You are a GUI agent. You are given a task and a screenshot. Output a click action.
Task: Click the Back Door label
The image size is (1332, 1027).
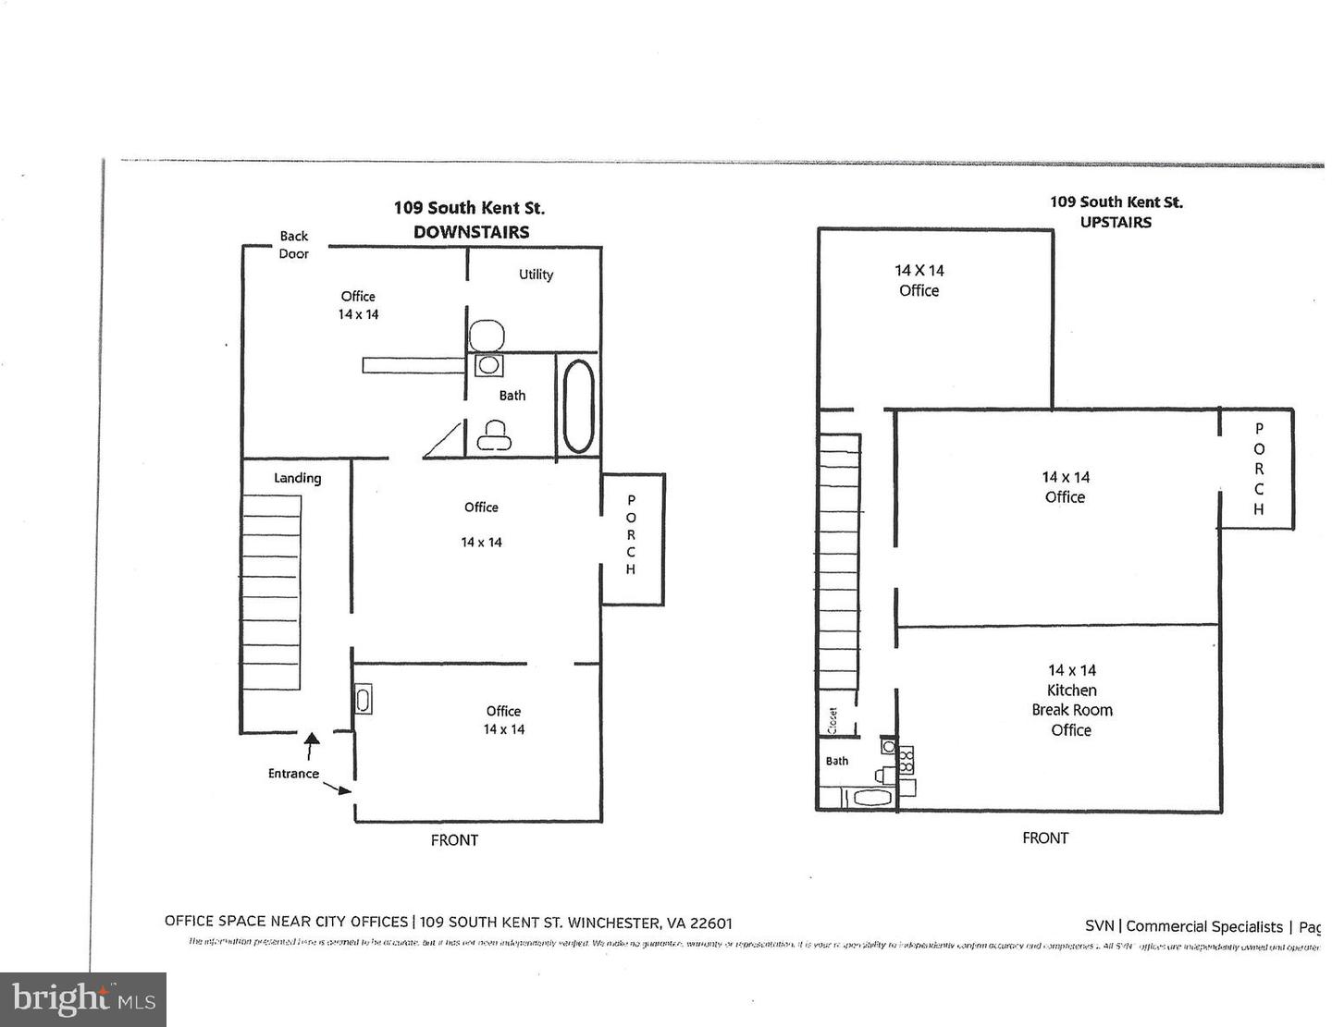(293, 245)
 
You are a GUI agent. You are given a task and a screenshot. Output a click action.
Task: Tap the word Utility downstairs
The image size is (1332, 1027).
(536, 275)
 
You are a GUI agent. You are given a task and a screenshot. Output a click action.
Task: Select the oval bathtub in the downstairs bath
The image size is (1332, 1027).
(578, 406)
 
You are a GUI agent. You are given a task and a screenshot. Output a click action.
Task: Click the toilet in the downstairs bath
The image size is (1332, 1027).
(494, 434)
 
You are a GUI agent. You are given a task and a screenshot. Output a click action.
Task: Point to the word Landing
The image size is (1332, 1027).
(297, 478)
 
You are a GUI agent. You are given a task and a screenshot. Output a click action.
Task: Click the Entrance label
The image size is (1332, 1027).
(293, 774)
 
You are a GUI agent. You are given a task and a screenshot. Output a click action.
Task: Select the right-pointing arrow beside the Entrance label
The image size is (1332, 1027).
(338, 788)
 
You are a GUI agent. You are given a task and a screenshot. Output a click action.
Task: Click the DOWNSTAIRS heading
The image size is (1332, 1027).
(471, 232)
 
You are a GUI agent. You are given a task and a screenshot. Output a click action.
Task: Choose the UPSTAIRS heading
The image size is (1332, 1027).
(1116, 222)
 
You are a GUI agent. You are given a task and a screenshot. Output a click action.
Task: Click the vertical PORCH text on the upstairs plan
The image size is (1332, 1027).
(1258, 469)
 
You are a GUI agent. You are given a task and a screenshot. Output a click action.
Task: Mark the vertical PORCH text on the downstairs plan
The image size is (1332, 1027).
(631, 534)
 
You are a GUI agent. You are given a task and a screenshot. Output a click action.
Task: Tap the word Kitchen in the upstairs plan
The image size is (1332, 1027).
(1071, 691)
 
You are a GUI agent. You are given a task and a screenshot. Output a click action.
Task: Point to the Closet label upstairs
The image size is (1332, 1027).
(832, 721)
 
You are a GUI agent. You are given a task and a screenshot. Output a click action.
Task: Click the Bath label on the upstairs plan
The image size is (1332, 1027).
(837, 761)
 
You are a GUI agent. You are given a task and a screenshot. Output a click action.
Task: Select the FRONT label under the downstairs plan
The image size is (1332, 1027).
(454, 840)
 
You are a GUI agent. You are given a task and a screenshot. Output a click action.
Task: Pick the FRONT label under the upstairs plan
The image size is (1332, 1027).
(1045, 838)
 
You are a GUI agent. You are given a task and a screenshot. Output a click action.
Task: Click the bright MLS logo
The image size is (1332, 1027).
(83, 999)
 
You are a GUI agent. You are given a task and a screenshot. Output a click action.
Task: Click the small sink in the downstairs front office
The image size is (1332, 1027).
(363, 700)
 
